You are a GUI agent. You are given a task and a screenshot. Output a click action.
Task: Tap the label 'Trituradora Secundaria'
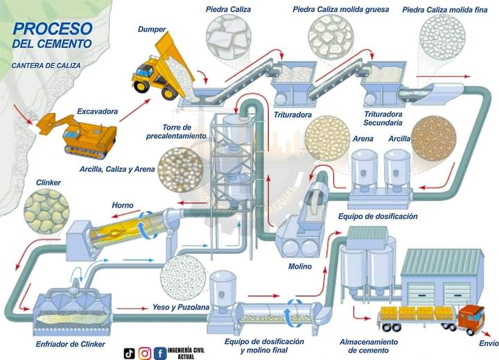point(383,119)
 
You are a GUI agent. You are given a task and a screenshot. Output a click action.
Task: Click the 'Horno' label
point(123,205)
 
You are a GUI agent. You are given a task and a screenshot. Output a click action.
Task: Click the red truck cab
point(471,318)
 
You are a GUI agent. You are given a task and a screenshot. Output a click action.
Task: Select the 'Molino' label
point(299,266)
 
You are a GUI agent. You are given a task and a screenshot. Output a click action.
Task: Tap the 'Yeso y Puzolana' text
point(180,307)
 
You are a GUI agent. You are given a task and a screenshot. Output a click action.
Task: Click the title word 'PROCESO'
point(53,28)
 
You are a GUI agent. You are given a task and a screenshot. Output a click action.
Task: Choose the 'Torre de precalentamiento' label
point(176,132)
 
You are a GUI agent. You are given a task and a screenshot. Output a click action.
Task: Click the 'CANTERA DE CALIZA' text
point(46,65)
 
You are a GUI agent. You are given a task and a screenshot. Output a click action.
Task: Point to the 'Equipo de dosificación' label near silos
point(378,216)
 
